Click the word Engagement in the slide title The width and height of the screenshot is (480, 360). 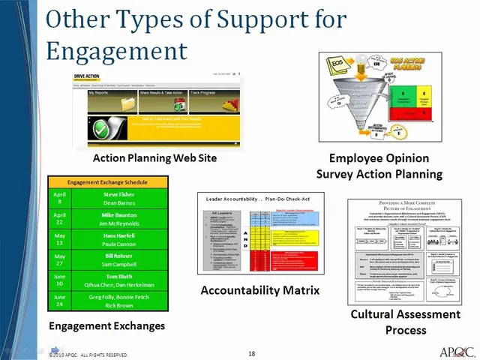click(115, 50)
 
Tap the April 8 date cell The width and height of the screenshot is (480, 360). click(58, 198)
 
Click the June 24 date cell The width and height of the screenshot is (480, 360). click(58, 301)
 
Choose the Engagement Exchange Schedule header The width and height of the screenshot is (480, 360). click(107, 182)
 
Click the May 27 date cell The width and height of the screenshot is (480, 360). click(58, 259)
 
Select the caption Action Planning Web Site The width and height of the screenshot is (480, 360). click(154, 158)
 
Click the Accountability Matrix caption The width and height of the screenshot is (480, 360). click(259, 289)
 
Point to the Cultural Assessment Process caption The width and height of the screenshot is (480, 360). click(405, 322)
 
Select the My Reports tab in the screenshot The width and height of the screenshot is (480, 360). click(104, 93)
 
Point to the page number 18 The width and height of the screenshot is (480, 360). click(252, 353)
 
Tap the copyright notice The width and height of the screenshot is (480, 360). click(88, 355)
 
